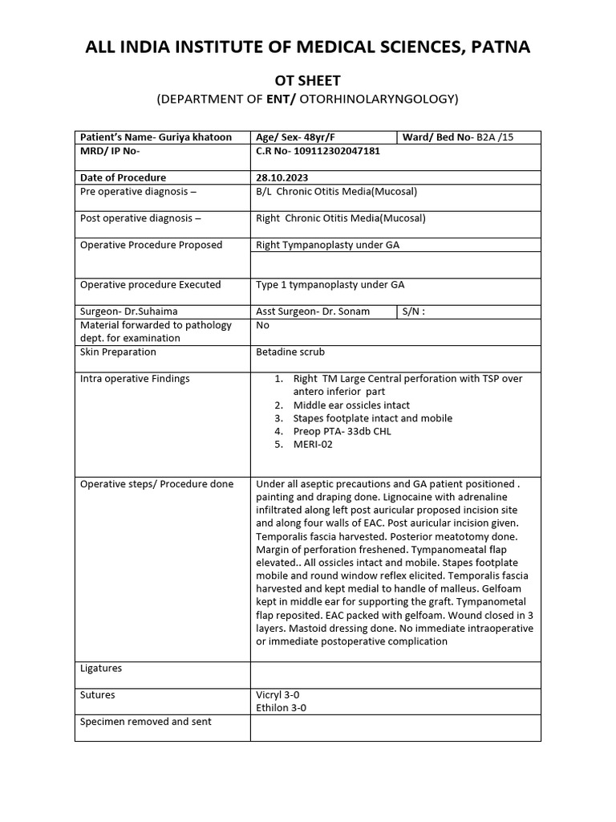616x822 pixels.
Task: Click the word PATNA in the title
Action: point(497,47)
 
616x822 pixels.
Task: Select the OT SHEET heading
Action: point(308,80)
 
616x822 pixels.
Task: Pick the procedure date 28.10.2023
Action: point(282,177)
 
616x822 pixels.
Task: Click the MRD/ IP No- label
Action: point(110,150)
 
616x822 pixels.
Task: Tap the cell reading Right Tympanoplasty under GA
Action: point(327,245)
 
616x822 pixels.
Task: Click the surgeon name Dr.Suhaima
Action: point(151,311)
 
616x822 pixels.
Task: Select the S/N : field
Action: point(413,311)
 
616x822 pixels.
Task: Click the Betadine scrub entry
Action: point(290,352)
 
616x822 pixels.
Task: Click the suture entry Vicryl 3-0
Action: point(278,695)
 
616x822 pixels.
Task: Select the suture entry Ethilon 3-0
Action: point(281,708)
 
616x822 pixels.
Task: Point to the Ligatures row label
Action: point(101,669)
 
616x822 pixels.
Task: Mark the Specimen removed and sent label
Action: point(146,722)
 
